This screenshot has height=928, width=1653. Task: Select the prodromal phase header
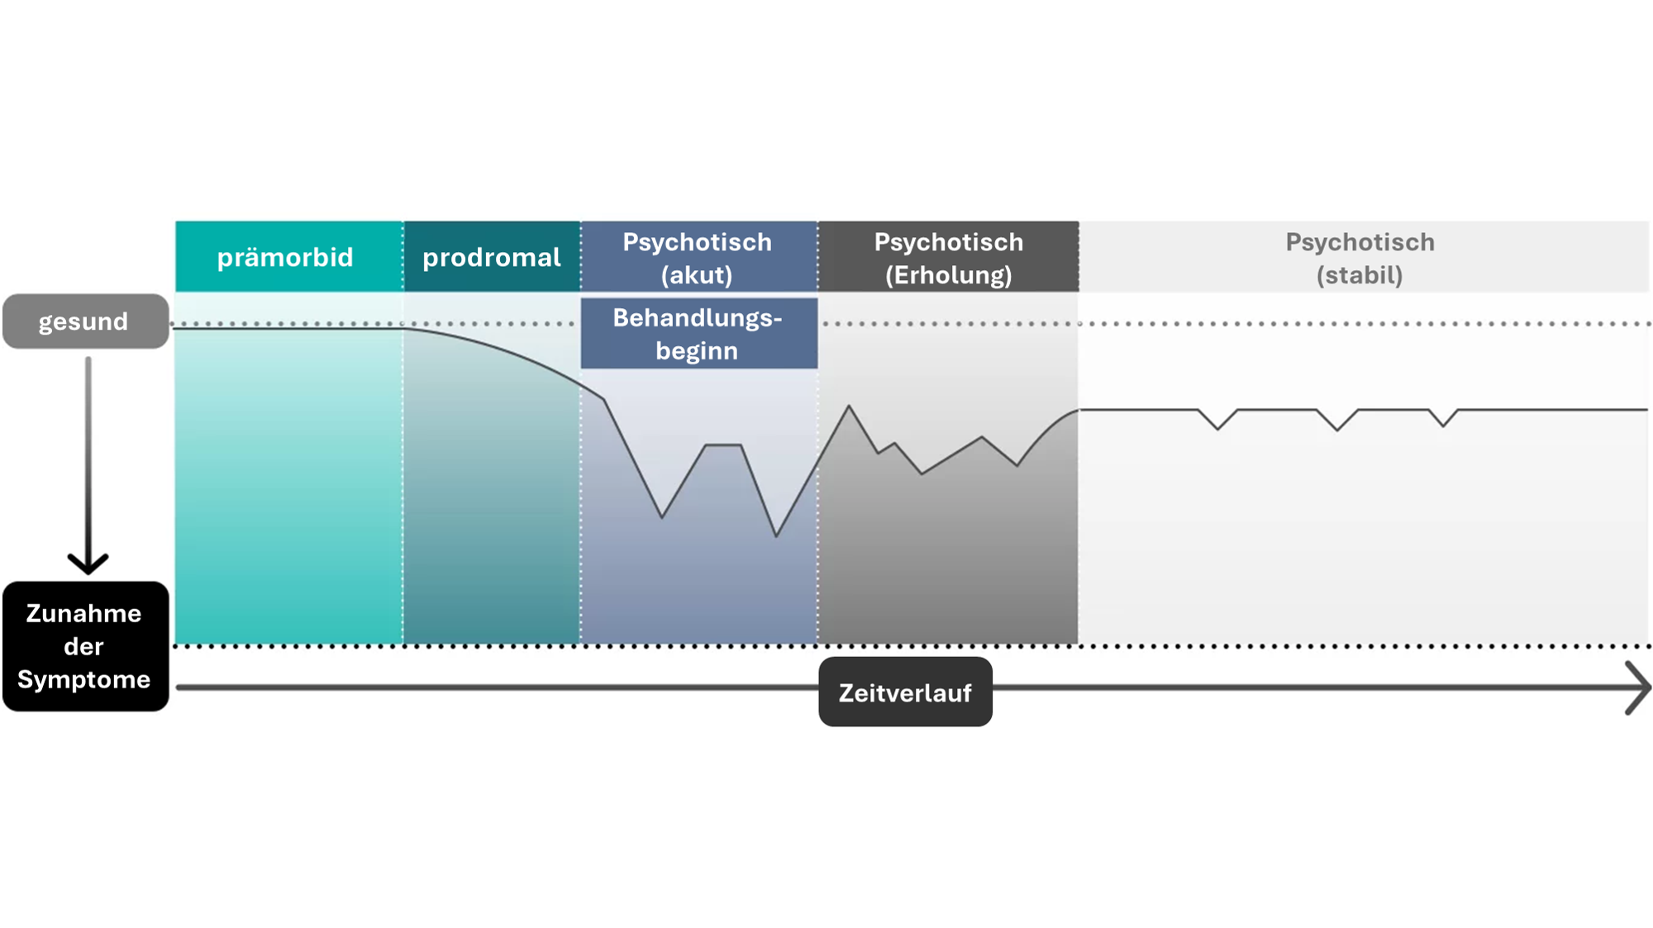[x=492, y=256]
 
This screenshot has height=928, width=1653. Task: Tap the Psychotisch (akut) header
[x=698, y=256]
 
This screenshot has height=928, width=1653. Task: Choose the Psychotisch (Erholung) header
[x=949, y=256]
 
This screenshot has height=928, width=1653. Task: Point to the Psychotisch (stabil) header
[x=1364, y=256]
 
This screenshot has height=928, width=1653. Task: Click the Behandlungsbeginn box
[x=698, y=333]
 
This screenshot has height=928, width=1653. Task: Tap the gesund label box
[x=85, y=321]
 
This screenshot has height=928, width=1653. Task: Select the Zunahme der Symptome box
[x=85, y=646]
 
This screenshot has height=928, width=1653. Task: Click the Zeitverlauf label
[x=905, y=692]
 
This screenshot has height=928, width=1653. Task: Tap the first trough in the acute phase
[x=662, y=517]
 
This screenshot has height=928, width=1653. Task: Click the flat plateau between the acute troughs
[x=723, y=445]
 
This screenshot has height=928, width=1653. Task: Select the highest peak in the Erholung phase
[x=849, y=407]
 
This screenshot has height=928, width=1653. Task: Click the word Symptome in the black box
[x=83, y=680]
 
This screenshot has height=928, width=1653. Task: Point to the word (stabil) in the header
[x=1360, y=274]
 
